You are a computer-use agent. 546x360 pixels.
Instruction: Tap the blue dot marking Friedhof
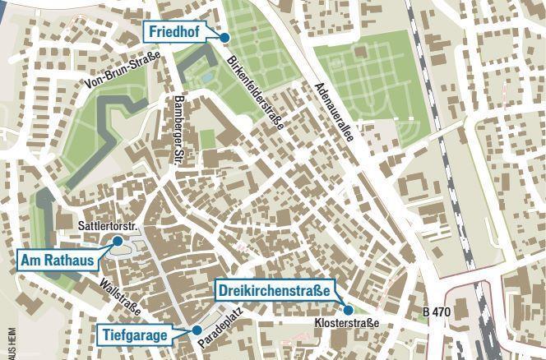(x=224, y=37)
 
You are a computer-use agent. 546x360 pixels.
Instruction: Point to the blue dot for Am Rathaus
(x=118, y=241)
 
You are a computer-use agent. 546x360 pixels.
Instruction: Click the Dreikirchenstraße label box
(x=275, y=290)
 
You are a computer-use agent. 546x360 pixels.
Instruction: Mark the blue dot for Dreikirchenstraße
(x=349, y=310)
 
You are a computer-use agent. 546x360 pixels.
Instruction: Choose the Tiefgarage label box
(x=136, y=335)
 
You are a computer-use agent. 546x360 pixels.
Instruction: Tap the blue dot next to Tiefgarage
(x=197, y=330)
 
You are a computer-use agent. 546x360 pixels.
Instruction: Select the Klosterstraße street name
(x=347, y=324)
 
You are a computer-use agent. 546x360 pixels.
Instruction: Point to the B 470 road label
(x=437, y=312)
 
